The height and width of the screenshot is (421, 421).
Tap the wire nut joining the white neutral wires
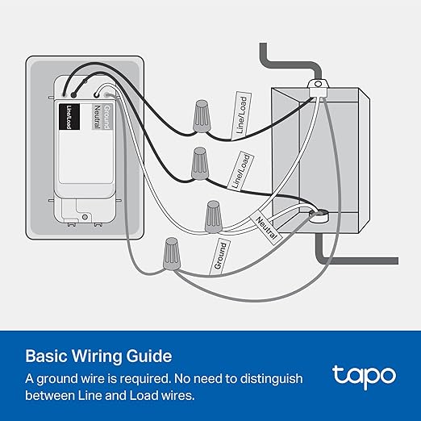[x=214, y=216]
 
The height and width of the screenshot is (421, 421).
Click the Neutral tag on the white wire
[x=267, y=226]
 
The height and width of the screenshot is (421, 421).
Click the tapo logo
[x=364, y=375]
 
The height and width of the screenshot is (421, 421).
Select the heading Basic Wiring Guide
[x=98, y=355]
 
